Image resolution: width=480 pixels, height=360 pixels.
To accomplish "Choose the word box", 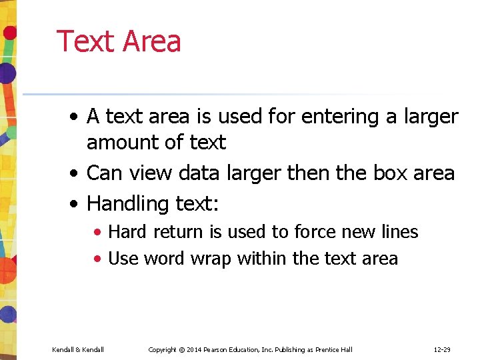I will pos(389,173).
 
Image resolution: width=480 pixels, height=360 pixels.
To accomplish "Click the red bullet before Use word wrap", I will pos(98,259).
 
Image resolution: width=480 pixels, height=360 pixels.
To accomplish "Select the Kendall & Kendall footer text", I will pos(78,349).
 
